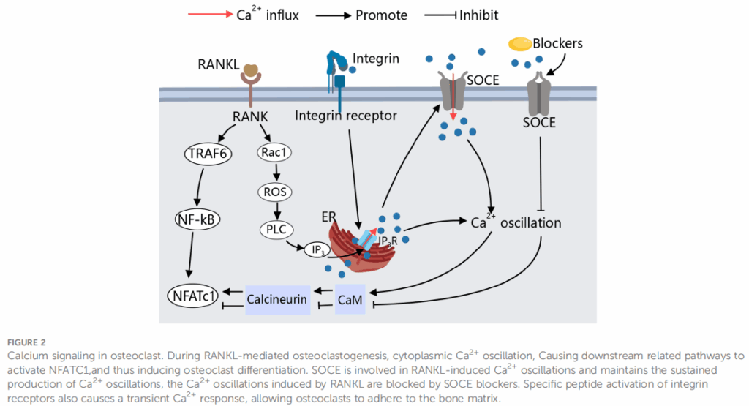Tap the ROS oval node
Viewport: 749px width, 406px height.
[275, 192]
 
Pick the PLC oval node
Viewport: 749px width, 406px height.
[276, 230]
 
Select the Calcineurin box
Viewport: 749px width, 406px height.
[276, 299]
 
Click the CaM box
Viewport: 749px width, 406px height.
[350, 299]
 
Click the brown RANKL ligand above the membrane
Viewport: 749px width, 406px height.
[252, 72]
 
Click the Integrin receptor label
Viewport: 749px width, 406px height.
[346, 115]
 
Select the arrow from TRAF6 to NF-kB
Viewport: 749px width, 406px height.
[196, 186]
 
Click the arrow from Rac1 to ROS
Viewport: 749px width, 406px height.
[274, 172]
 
